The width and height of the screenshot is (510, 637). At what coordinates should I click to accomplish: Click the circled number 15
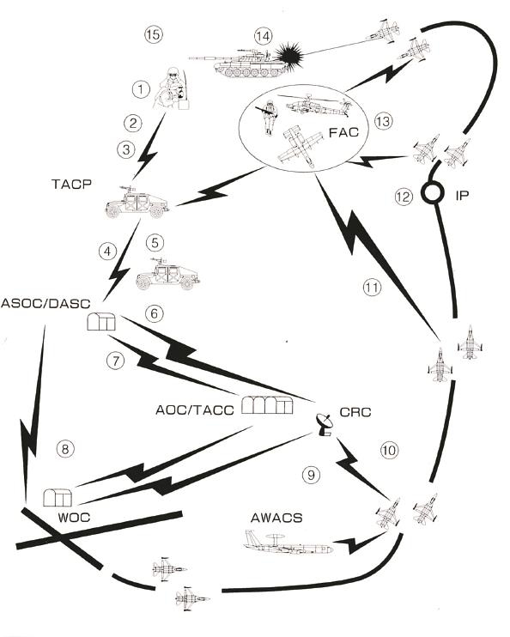coord(154,34)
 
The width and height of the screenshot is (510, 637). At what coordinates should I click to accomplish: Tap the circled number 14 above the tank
coord(263,37)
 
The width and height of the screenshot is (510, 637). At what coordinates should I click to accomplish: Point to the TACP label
coord(71,184)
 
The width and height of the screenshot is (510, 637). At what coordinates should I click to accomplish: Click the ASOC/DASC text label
coord(46,303)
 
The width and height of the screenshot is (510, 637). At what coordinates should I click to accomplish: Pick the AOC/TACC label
coord(195,409)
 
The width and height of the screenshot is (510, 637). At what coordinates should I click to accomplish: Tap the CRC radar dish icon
coord(324,425)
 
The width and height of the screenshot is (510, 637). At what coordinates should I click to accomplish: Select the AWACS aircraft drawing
coord(288,543)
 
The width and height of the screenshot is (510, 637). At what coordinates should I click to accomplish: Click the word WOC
coord(74,518)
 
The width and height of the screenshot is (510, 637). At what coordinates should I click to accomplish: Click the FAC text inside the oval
coord(343,132)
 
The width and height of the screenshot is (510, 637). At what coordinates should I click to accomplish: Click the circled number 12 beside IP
coord(404,197)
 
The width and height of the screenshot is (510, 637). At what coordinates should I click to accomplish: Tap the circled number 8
coord(66,449)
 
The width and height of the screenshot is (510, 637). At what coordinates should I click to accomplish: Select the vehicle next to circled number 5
coord(167,273)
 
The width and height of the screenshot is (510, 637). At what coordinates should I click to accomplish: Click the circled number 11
coord(372,288)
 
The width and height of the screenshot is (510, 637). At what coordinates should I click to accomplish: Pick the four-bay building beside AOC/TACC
coord(267,404)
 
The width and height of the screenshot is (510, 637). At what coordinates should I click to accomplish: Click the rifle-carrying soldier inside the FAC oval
coord(267,116)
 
